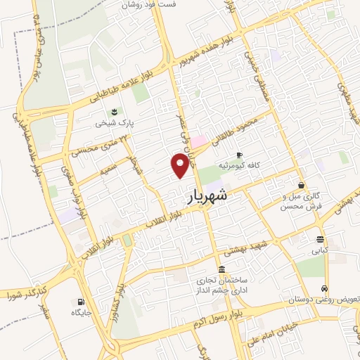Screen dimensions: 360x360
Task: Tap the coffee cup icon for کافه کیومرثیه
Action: (x=239, y=155)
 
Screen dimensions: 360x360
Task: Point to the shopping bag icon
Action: (x=301, y=186)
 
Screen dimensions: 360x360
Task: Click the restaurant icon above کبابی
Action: (x=320, y=238)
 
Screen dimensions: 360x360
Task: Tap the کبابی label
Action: (x=320, y=249)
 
